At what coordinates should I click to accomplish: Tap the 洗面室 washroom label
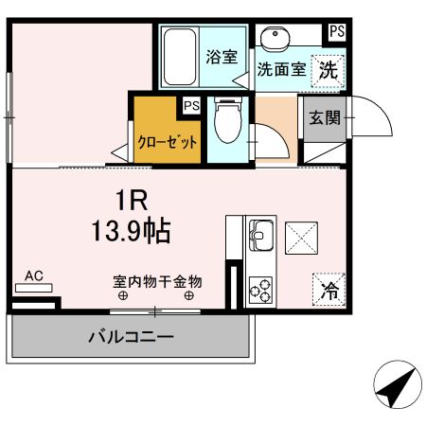tap(281, 69)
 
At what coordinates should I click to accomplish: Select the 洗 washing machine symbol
tap(328, 69)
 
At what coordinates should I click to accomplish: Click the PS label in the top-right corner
tap(337, 31)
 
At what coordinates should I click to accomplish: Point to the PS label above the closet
tap(192, 105)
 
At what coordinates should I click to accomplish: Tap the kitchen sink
tap(260, 233)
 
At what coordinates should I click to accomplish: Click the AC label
tap(34, 275)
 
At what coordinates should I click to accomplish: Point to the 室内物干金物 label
tap(158, 281)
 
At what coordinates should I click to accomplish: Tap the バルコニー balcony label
tap(132, 337)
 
